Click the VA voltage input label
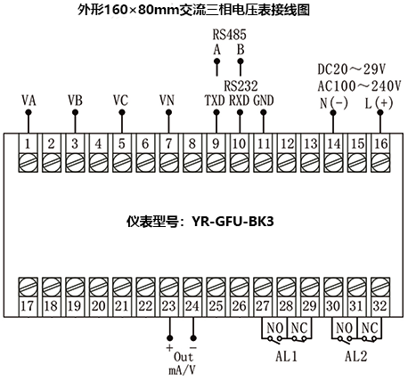coord(29,101)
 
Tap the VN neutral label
coord(167,101)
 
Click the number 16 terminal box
coord(379,144)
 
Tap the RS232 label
coord(240,85)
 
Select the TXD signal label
coord(215,101)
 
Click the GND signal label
coord(264,101)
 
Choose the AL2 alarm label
coord(355,353)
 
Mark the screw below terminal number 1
coord(29,162)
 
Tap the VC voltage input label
coord(121,101)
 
